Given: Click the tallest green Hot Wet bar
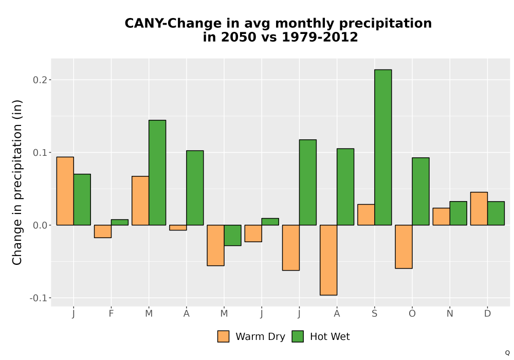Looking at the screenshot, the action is coord(383,147).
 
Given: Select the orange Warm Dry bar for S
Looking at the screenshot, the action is coord(366,215).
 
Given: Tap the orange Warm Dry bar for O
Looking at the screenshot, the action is coord(403,246).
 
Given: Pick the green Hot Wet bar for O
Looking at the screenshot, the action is coord(420,191).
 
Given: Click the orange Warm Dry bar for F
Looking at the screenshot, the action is coord(103,231).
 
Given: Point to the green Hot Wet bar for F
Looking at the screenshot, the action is coord(120,222).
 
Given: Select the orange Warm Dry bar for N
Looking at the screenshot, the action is coord(441,217).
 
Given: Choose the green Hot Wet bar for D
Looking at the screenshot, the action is coord(496,213).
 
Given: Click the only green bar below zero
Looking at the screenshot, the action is coord(232,235).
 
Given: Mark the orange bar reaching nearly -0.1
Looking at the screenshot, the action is coord(328,260).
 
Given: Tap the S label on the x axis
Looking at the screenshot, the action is coord(374,314).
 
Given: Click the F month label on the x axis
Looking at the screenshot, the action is coord(111,314).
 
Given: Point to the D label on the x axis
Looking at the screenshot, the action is coord(487,314).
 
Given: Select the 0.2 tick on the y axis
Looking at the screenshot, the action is coord(40,80).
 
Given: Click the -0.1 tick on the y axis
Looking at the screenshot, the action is coord(39,298).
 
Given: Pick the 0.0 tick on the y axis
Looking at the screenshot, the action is coord(40,225).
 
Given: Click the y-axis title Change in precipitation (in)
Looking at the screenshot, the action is coord(17,182).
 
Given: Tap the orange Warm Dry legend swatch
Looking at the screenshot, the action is coord(223,336).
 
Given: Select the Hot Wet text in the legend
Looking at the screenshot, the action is coord(330,337).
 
